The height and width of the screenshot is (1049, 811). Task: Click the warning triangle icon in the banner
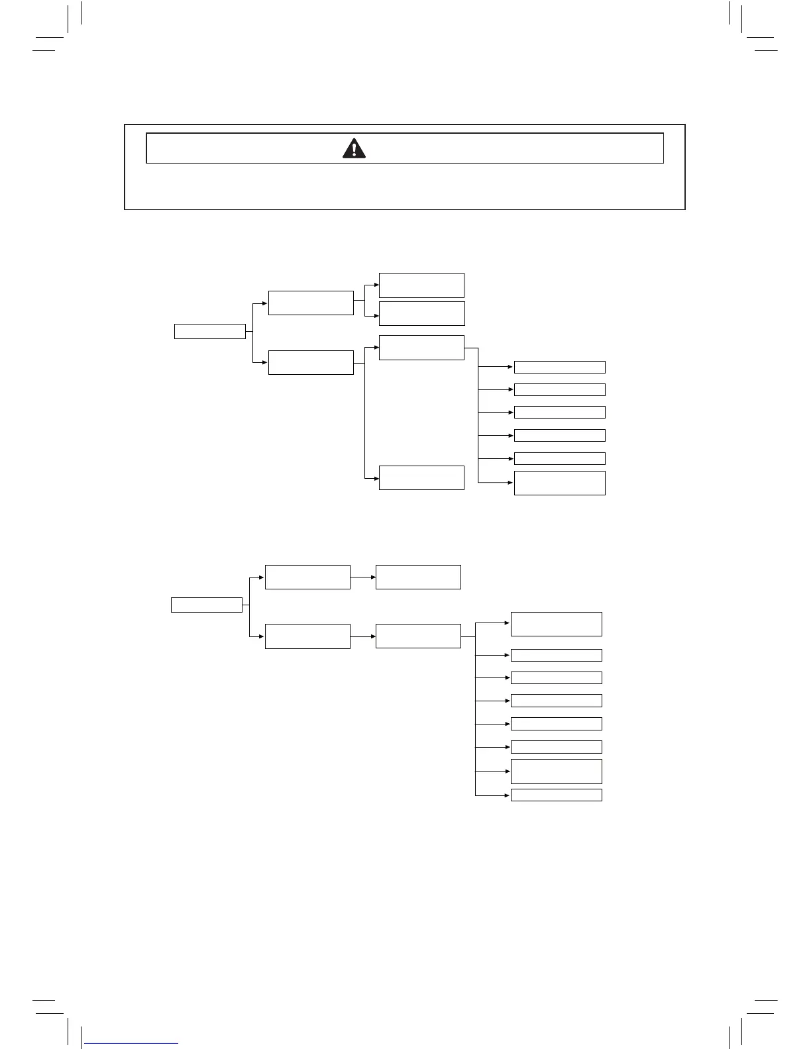pyautogui.click(x=354, y=148)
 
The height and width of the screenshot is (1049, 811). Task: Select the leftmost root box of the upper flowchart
pyautogui.click(x=209, y=331)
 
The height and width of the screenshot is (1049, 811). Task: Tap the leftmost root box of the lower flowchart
pyautogui.click(x=206, y=605)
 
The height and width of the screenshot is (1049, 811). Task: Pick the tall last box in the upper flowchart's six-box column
pyautogui.click(x=559, y=483)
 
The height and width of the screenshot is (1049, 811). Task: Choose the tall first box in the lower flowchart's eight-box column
pyautogui.click(x=556, y=624)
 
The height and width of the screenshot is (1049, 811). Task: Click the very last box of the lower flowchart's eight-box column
pyautogui.click(x=556, y=795)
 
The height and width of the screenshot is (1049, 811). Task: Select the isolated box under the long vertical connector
pyautogui.click(x=421, y=477)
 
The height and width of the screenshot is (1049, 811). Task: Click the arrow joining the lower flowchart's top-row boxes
pyautogui.click(x=362, y=577)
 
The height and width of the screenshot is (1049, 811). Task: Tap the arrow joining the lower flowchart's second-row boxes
pyautogui.click(x=362, y=636)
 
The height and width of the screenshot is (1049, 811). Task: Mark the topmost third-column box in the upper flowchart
pyautogui.click(x=421, y=285)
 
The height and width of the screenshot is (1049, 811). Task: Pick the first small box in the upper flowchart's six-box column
pyautogui.click(x=559, y=367)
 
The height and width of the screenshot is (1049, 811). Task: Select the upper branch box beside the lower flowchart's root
pyautogui.click(x=307, y=577)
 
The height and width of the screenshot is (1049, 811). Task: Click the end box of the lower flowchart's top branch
pyautogui.click(x=418, y=577)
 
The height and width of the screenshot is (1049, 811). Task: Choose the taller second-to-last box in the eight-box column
pyautogui.click(x=556, y=772)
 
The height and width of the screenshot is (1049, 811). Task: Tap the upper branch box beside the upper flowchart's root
pyautogui.click(x=311, y=303)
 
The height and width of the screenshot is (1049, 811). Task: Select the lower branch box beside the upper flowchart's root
pyautogui.click(x=311, y=362)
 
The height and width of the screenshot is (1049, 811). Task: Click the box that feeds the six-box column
pyautogui.click(x=421, y=348)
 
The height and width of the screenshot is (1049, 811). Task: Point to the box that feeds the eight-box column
pyautogui.click(x=418, y=636)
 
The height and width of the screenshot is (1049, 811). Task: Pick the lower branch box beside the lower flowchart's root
pyautogui.click(x=307, y=636)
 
